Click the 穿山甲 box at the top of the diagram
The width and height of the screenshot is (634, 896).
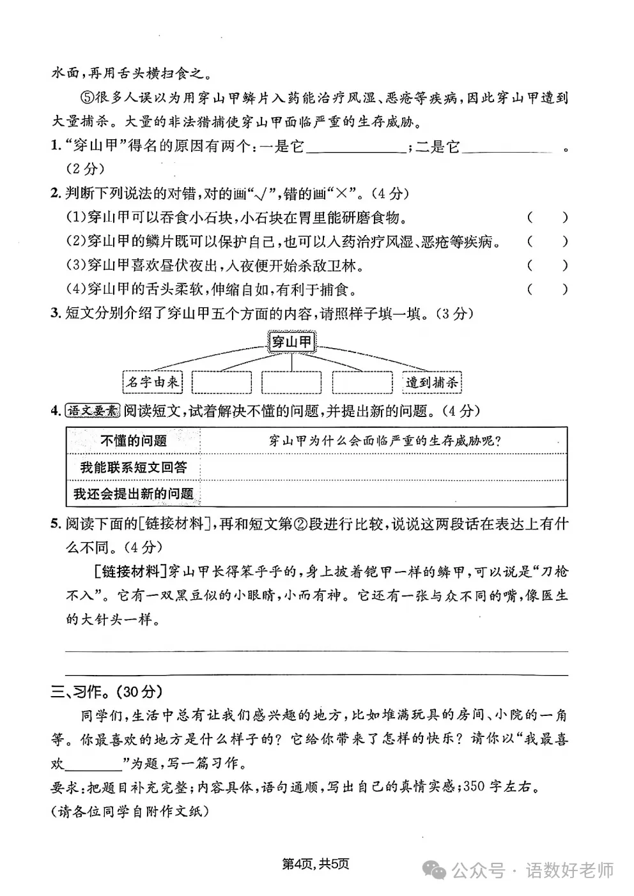coord(291,342)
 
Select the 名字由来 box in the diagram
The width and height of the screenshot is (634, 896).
coord(152,382)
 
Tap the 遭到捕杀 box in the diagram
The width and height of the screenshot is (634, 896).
coord(432,383)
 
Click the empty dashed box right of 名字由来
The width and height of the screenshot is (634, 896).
coord(222,382)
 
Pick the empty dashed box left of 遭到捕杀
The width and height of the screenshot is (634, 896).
coord(362,382)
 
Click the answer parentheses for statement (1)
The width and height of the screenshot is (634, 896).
coord(547,218)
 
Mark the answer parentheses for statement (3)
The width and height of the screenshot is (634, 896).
coord(547,266)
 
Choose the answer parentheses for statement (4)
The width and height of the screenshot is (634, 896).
coord(547,289)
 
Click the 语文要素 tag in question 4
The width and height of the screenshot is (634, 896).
coord(93,411)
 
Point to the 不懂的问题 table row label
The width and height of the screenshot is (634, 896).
coord(134,441)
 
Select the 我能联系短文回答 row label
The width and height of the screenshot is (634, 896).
coord(134,467)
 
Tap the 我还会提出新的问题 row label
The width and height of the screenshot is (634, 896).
coord(134,493)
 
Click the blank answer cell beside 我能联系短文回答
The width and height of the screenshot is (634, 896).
coord(383,467)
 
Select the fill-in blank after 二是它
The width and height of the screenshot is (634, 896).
coord(507,148)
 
